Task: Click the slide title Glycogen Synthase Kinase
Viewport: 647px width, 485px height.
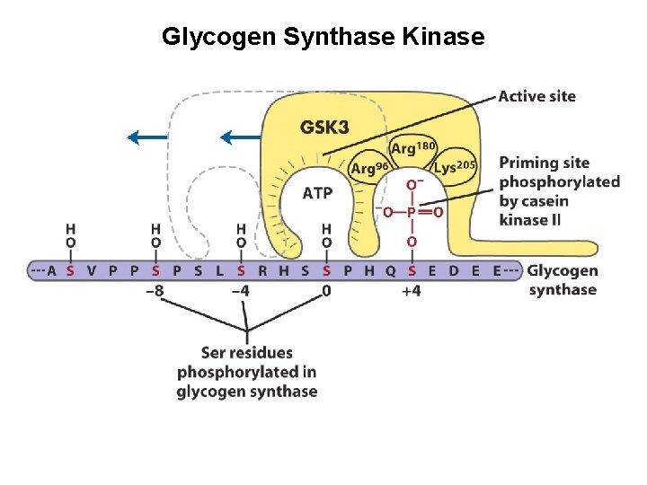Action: point(323,37)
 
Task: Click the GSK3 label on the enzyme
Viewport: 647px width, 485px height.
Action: point(324,128)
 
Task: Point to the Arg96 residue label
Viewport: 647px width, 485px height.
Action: point(368,168)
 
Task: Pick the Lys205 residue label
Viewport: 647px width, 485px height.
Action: point(454,167)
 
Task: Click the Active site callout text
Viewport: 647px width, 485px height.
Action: point(537,96)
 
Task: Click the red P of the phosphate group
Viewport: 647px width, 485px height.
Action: point(412,213)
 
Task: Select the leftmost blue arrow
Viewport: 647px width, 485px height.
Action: point(147,137)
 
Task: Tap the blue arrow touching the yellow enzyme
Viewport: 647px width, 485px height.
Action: point(240,137)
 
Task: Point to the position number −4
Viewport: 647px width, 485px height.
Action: point(241,291)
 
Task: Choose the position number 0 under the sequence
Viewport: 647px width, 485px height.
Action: point(326,291)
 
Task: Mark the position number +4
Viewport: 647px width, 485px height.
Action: point(412,291)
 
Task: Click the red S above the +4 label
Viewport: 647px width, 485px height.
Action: point(412,270)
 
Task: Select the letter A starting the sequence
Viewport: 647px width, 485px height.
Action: point(50,270)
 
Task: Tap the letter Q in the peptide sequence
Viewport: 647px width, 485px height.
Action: point(390,270)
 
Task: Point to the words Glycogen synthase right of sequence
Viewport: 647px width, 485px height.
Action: point(563,279)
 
